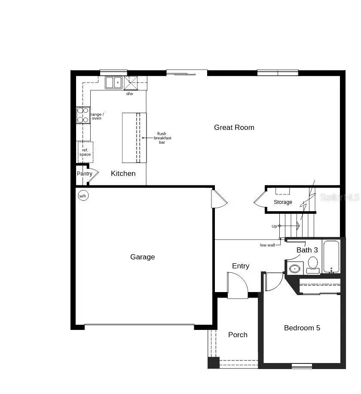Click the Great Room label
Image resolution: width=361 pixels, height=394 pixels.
[x=234, y=127]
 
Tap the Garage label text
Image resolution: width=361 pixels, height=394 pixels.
[x=142, y=257]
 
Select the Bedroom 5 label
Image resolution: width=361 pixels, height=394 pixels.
[x=302, y=328]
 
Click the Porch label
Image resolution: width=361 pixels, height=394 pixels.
[x=238, y=335]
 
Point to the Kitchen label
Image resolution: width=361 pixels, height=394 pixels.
[x=123, y=173]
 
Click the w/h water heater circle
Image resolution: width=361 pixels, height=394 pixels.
[x=83, y=196]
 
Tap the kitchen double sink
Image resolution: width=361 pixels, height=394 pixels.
[x=114, y=82]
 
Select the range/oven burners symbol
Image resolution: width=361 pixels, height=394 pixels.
[x=83, y=115]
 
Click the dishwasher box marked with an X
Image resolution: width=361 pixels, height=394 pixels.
[x=131, y=82]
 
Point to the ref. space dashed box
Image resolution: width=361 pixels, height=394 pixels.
[x=85, y=152]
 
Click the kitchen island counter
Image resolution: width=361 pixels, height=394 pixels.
[x=134, y=138]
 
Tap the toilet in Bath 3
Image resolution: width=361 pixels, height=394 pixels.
[x=313, y=264]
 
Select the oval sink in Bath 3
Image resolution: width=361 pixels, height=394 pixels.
[x=294, y=269]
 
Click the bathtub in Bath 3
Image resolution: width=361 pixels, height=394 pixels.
[x=331, y=257]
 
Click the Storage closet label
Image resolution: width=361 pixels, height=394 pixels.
[x=283, y=202]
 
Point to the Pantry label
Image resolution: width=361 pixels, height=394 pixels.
[x=85, y=174]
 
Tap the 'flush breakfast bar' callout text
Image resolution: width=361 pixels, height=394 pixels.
[x=162, y=138]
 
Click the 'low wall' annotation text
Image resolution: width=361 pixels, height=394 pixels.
[x=267, y=245]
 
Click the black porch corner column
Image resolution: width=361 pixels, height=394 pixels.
[x=213, y=363]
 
